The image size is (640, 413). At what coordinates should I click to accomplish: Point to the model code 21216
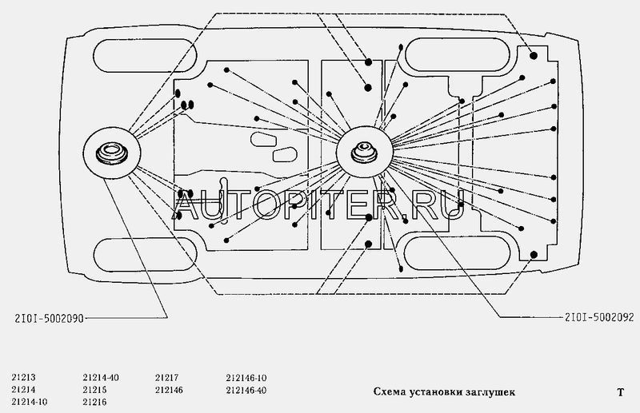pyautogui.click(x=94, y=400)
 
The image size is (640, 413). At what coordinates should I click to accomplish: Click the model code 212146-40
pyautogui.click(x=247, y=389)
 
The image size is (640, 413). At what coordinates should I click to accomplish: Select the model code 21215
pyautogui.click(x=94, y=389)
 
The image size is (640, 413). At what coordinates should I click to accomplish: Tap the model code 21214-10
pyautogui.click(x=31, y=400)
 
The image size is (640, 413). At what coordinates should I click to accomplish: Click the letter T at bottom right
pyautogui.click(x=619, y=392)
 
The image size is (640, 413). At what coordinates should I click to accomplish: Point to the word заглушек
pyautogui.click(x=490, y=392)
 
